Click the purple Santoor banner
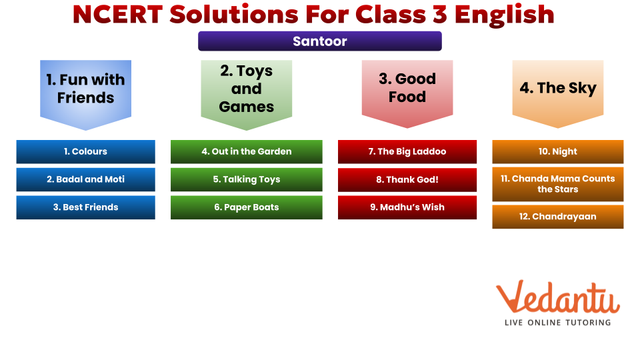pyautogui.click(x=319, y=41)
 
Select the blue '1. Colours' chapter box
pyautogui.click(x=86, y=151)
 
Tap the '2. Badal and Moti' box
pyautogui.click(x=86, y=179)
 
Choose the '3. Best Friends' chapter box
pyautogui.click(x=86, y=207)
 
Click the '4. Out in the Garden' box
pyautogui.click(x=247, y=151)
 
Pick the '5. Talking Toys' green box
pyautogui.click(x=247, y=179)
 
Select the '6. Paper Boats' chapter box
pyautogui.click(x=247, y=207)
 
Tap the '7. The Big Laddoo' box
pyautogui.click(x=407, y=151)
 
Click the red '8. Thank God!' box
pyautogui.click(x=407, y=179)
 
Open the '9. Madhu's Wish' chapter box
pyautogui.click(x=407, y=207)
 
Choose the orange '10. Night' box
pyautogui.click(x=558, y=151)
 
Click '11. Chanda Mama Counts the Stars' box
pyautogui.click(x=558, y=184)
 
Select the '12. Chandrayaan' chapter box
pyautogui.click(x=558, y=216)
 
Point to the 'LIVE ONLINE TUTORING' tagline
pyautogui.click(x=557, y=323)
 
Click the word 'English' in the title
pyautogui.click(x=504, y=15)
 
